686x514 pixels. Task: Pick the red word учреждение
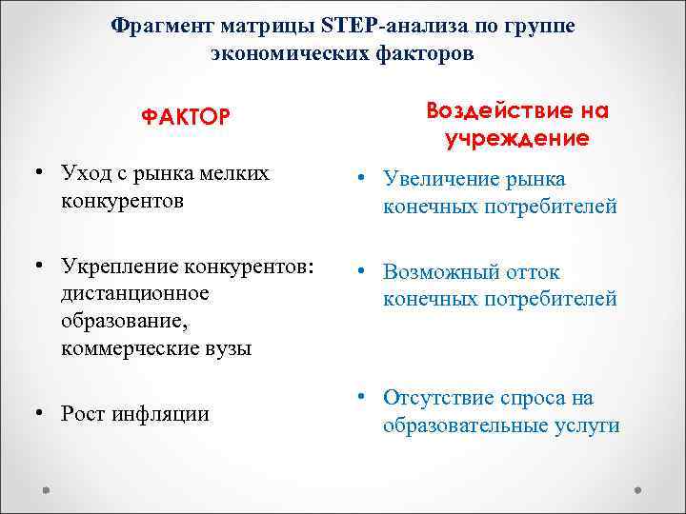pyautogui.click(x=516, y=139)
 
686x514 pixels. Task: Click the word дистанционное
pyautogui.click(x=134, y=292)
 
